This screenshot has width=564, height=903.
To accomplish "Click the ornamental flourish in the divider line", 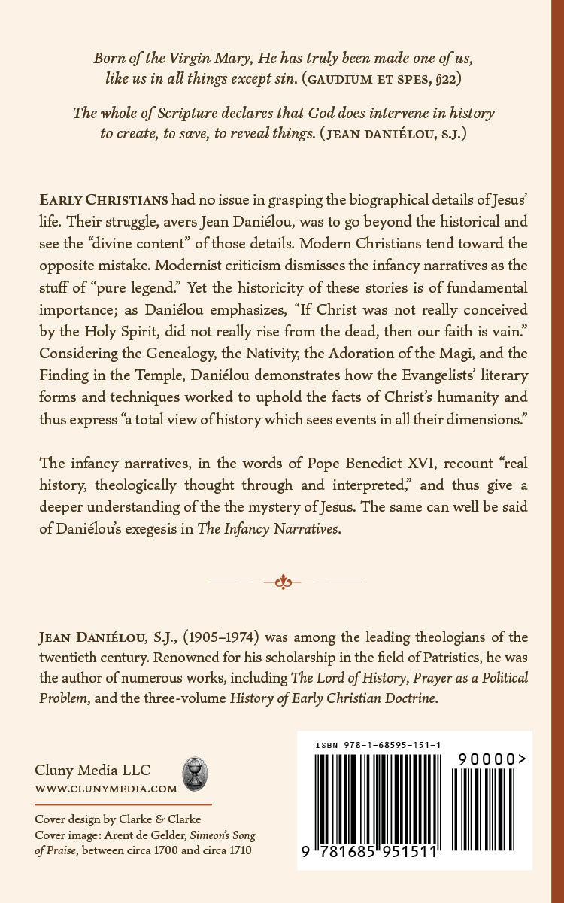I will tap(283, 581).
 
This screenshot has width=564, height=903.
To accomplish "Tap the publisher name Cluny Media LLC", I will tap(92, 771).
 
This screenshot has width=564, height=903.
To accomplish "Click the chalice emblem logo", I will tap(196, 774).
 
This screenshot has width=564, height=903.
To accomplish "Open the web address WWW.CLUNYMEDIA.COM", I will tap(106, 789).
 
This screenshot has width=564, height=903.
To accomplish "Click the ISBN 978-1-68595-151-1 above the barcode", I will tap(378, 744).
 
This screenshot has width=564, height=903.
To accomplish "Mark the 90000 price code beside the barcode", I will tap(489, 760).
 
